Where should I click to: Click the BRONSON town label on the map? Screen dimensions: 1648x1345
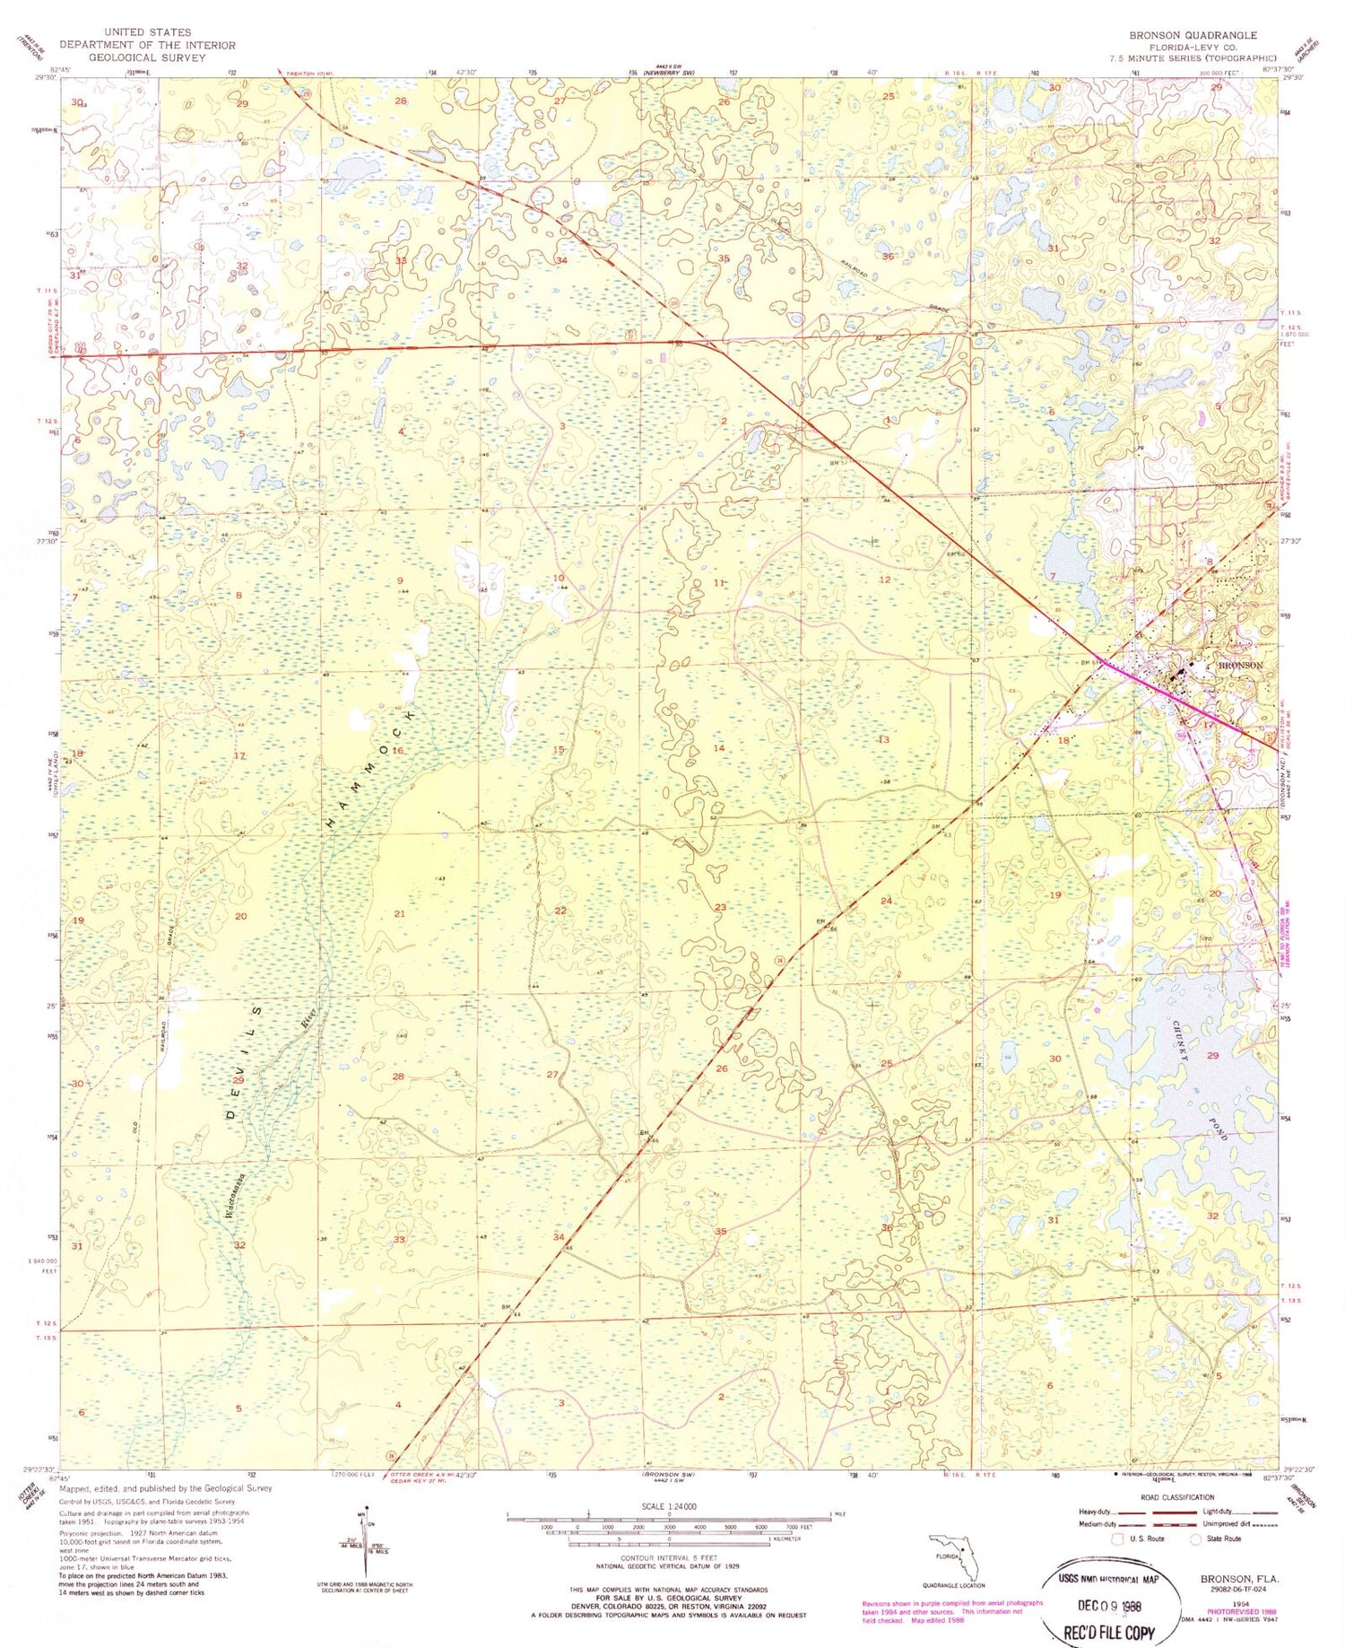[x=1240, y=666]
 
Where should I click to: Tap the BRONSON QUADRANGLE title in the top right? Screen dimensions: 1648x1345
[x=1193, y=35]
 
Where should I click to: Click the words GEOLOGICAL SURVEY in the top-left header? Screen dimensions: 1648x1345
[x=147, y=57]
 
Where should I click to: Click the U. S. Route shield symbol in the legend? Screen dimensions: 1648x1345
[x=1117, y=1539]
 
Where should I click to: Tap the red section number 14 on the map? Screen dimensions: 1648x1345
[x=718, y=747]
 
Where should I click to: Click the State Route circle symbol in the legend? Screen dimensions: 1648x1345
[x=1195, y=1539]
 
